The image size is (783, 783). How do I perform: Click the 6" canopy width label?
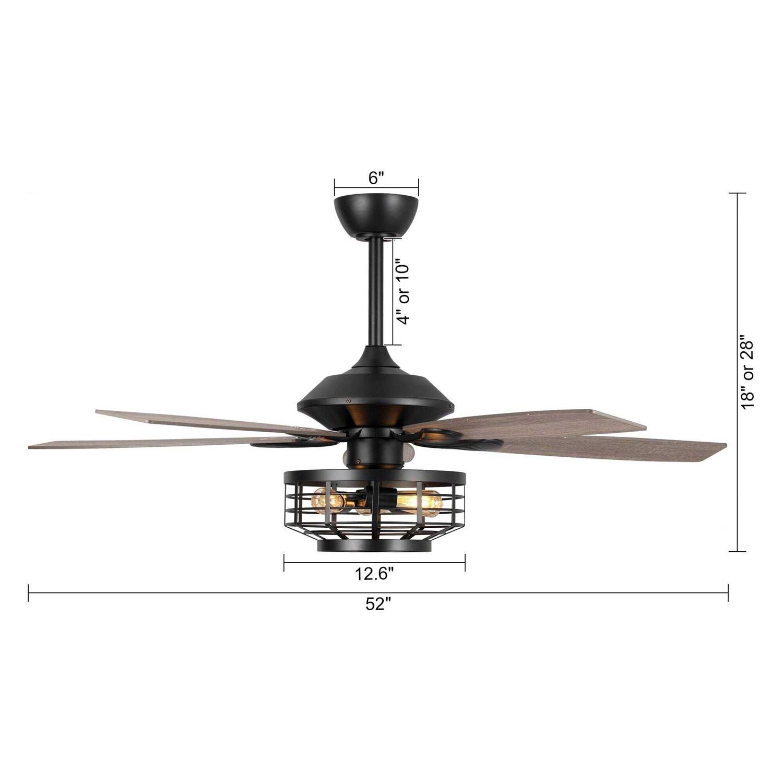pos(376,179)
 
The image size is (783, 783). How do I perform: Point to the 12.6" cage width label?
pos(374,574)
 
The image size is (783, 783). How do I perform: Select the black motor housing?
pos(375,389)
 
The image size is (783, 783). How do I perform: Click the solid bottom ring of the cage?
pos(374,547)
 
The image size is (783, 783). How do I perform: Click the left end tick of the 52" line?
pos(28,592)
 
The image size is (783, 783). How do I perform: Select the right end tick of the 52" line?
pos(728,592)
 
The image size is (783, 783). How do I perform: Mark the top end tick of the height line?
pos(737,193)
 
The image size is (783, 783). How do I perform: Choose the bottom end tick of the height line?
pos(737,551)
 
